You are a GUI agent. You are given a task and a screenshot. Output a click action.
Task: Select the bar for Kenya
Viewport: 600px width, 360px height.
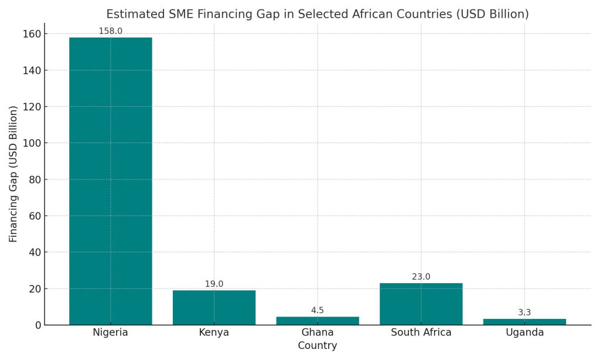click(x=214, y=307)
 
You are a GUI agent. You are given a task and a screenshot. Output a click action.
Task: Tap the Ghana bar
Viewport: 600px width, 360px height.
click(x=318, y=321)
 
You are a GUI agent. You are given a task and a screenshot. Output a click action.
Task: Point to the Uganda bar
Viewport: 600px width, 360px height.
click(x=524, y=322)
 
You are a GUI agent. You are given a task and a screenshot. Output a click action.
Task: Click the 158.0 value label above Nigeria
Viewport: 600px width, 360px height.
click(x=110, y=31)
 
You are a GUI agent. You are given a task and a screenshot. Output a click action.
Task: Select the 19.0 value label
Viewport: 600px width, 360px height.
click(x=214, y=284)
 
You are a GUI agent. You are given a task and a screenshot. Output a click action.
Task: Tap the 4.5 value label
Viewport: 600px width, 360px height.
click(x=318, y=311)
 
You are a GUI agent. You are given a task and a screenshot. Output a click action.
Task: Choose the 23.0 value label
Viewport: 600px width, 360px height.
click(x=421, y=277)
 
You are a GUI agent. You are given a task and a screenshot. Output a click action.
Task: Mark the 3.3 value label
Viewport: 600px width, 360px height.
click(x=524, y=313)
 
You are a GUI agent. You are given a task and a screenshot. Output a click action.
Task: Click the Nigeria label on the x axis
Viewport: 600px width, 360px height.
click(x=110, y=333)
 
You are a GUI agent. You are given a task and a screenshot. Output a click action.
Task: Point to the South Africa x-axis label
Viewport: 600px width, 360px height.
click(x=421, y=333)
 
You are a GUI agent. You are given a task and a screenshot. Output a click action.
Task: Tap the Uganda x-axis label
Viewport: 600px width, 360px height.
click(x=524, y=333)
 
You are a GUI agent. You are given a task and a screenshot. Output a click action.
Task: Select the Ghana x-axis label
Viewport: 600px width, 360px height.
click(x=318, y=333)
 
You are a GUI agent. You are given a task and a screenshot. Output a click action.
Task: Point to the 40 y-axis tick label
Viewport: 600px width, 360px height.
click(x=34, y=252)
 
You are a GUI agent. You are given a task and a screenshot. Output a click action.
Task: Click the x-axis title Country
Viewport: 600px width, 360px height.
click(x=318, y=346)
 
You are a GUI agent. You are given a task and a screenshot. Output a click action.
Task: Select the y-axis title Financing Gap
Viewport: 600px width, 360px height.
click(x=13, y=174)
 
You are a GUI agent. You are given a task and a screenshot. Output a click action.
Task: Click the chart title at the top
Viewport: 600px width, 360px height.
click(x=318, y=14)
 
